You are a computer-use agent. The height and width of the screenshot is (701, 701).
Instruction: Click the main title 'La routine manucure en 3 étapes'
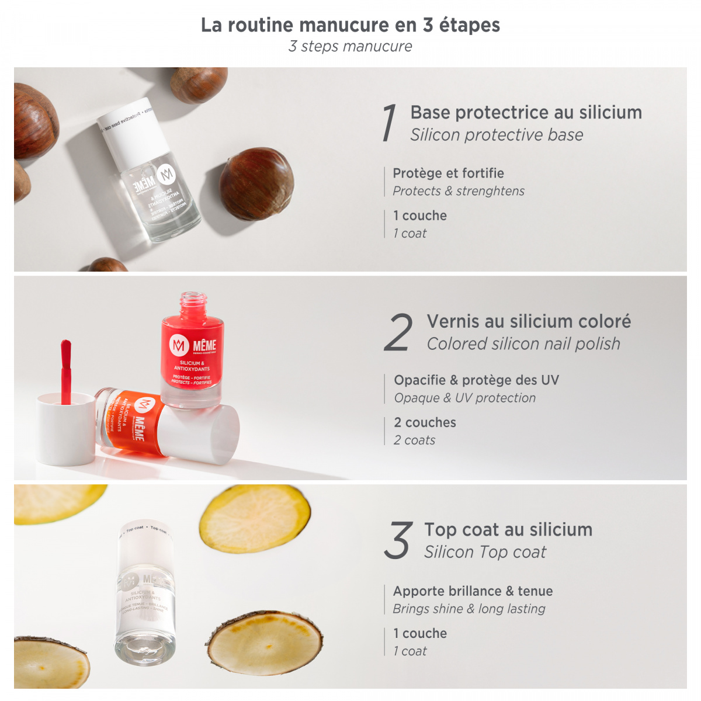pyautogui.click(x=350, y=25)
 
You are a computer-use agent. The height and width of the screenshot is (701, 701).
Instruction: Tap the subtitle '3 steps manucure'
pyautogui.click(x=350, y=47)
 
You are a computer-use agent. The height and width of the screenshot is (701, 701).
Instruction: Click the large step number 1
pyautogui.click(x=389, y=123)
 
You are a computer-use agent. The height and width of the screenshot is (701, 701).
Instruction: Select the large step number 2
pyautogui.click(x=398, y=332)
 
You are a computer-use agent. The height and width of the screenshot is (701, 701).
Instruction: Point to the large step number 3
pyautogui.click(x=398, y=540)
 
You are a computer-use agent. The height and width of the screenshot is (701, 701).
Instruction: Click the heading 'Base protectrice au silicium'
pyautogui.click(x=526, y=112)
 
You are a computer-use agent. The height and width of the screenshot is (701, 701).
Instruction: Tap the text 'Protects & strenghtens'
pyautogui.click(x=459, y=191)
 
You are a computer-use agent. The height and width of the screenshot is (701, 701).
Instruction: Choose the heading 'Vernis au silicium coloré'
pyautogui.click(x=529, y=321)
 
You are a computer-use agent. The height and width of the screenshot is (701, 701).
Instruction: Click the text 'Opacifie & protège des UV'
pyautogui.click(x=476, y=380)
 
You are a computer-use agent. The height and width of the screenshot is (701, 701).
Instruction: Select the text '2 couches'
pyautogui.click(x=425, y=422)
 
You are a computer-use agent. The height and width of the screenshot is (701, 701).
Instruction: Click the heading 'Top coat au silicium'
pyautogui.click(x=508, y=530)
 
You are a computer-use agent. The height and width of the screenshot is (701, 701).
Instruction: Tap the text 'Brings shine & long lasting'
pyautogui.click(x=469, y=609)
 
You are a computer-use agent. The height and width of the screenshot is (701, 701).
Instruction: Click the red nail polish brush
pyautogui.click(x=66, y=368)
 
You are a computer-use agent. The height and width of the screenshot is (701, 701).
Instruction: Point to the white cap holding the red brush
pyautogui.click(x=65, y=429)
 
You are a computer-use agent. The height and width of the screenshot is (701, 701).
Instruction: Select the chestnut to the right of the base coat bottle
pyautogui.click(x=257, y=183)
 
